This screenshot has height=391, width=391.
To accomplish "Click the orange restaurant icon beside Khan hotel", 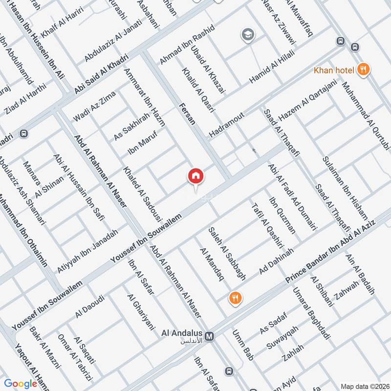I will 363,69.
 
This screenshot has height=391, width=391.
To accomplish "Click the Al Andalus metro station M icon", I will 210,336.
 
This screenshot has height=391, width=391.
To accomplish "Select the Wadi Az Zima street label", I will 91,109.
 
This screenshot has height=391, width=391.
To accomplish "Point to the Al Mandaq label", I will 211,264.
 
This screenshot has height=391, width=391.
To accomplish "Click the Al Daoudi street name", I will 90,306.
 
